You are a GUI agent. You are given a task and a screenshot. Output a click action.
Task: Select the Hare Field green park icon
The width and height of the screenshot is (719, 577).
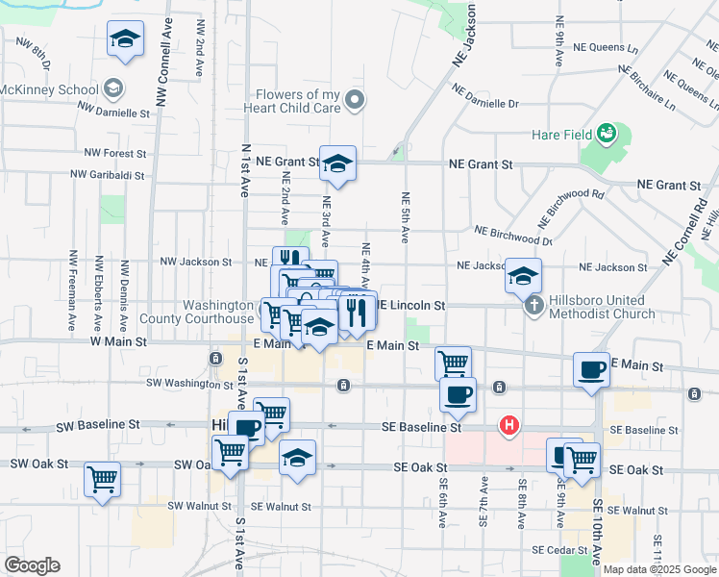[x=607, y=132]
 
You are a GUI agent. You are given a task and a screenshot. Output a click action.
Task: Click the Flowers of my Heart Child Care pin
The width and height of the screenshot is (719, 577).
[x=355, y=99]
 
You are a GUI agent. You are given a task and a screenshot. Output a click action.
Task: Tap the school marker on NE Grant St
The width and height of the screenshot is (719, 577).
[x=337, y=165]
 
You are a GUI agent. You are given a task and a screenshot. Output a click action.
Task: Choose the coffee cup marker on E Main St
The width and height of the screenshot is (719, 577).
[x=591, y=370]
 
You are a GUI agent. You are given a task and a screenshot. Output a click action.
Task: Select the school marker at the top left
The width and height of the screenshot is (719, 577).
[x=125, y=40]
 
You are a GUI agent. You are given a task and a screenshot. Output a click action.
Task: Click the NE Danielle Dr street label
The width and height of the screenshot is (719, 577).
[x=486, y=103]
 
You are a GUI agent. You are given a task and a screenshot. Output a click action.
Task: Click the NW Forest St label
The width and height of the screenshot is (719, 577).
[x=114, y=153]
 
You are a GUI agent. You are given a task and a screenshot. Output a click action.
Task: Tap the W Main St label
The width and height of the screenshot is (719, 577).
[x=118, y=341]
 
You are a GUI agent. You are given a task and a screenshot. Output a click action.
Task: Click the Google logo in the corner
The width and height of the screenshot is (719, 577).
[x=32, y=565]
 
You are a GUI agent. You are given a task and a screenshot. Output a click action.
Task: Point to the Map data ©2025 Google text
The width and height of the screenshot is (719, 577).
[x=659, y=569]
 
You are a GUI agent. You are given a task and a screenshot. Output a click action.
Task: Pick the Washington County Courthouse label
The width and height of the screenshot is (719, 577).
[x=196, y=310]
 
